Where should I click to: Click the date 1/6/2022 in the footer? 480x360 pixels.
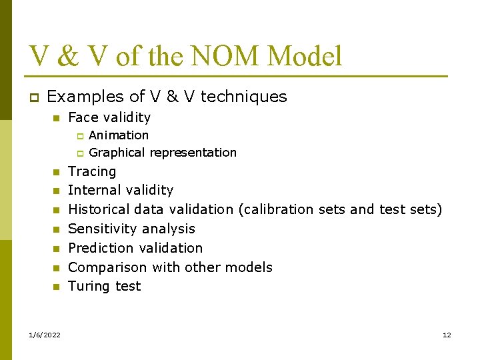pyautogui.click(x=45, y=335)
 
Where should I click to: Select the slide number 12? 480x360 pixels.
pyautogui.click(x=447, y=335)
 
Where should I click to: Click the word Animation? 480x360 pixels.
pyautogui.click(x=119, y=135)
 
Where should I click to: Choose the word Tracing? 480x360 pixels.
pyautogui.click(x=92, y=172)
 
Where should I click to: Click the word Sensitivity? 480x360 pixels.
pyautogui.click(x=99, y=229)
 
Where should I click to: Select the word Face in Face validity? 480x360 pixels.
pyautogui.click(x=82, y=118)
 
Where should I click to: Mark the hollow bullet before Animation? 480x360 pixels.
pyautogui.click(x=77, y=136)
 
